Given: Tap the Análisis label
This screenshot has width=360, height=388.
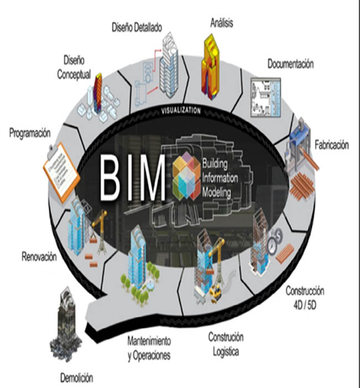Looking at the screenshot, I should click(222, 24).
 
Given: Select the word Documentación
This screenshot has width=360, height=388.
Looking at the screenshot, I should click(290, 64).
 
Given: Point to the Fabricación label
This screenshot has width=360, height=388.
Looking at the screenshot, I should click(331, 146).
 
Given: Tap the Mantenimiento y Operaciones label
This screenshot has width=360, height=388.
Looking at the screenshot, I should click(149, 348).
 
